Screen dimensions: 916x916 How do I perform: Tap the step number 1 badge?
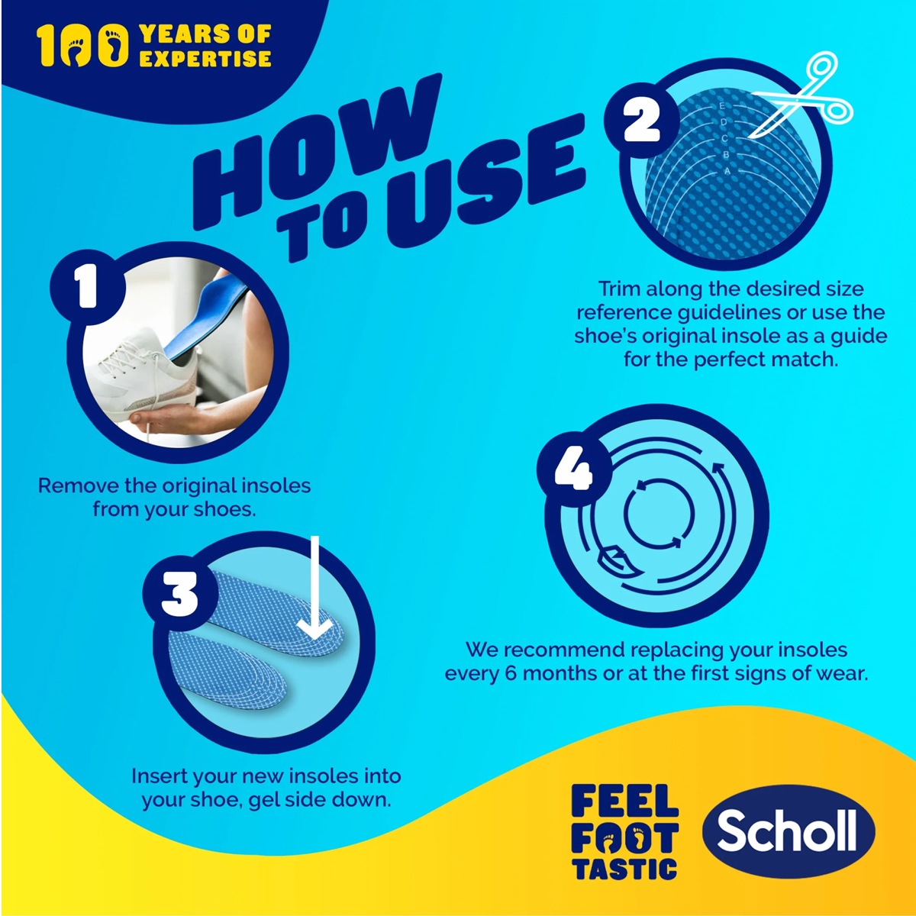(88, 287)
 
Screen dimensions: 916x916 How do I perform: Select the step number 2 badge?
(642, 123)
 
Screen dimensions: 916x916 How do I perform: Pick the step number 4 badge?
(574, 469)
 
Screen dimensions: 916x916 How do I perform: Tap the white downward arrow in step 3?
(314, 589)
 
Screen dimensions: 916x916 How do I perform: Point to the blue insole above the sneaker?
(204, 318)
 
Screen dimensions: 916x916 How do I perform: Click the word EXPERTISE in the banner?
(205, 59)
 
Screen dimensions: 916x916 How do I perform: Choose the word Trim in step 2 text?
(619, 289)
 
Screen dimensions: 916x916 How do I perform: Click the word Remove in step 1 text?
(79, 485)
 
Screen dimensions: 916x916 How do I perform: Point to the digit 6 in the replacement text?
(511, 673)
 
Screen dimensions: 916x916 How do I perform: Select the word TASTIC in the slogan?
(624, 869)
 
